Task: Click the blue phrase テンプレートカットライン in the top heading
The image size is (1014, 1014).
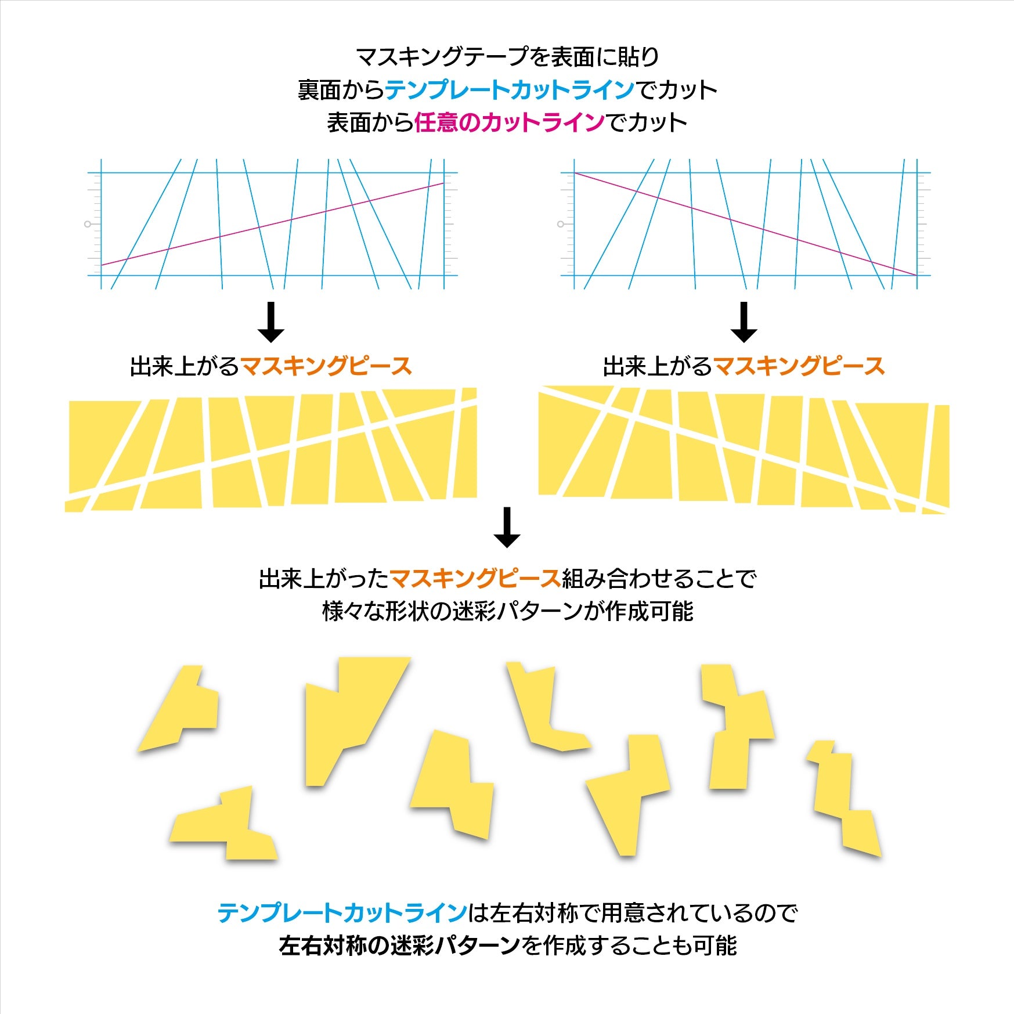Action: (510, 90)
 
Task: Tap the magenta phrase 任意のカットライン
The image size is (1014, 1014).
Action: (509, 123)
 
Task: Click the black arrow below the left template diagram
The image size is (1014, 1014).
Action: (270, 322)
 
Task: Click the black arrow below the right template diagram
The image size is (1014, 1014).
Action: (744, 322)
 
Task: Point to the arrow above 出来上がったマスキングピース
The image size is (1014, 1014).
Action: (507, 528)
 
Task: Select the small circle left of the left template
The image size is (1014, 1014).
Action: (88, 224)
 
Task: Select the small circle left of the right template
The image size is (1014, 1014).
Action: (560, 224)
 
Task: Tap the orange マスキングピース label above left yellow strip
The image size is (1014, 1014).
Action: (326, 367)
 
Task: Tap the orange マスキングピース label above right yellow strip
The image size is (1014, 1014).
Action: (799, 367)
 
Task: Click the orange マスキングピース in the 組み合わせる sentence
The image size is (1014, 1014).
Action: (475, 579)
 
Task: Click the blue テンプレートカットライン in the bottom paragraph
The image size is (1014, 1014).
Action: (342, 913)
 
